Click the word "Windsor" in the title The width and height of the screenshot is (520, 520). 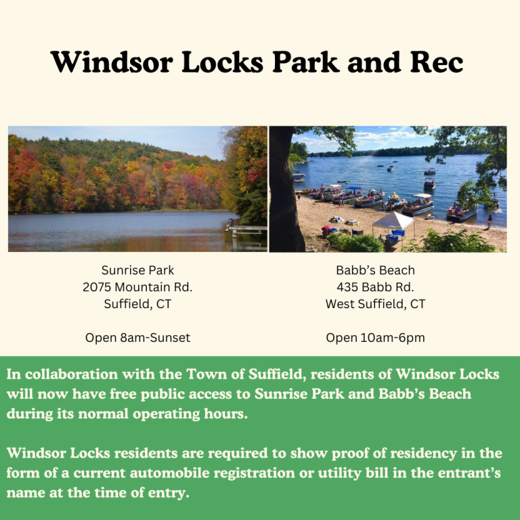coord(102,62)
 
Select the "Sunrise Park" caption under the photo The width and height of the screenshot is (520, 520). coord(137,270)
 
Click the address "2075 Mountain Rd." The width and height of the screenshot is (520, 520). coord(137,287)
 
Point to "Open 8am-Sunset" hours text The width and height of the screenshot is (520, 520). coord(137,337)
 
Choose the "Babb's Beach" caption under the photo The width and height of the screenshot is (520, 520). coord(375,270)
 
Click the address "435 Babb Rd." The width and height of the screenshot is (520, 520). coord(375,287)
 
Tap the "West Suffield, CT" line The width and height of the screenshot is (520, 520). coord(375,304)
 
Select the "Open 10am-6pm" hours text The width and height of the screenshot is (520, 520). coord(375,337)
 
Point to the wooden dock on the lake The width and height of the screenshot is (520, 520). coord(247,230)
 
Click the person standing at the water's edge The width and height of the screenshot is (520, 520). coord(490,221)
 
